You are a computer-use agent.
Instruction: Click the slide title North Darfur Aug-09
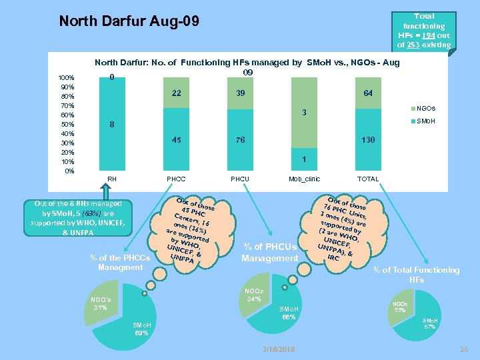(129, 21)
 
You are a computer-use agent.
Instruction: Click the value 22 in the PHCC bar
(176, 93)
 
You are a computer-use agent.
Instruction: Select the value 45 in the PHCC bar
(176, 140)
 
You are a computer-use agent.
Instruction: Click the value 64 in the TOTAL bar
(367, 93)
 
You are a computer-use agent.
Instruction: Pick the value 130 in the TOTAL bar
(367, 140)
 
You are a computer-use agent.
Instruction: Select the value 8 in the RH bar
(112, 125)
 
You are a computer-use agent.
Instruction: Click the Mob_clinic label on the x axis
(304, 179)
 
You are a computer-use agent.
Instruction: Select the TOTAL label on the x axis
(367, 179)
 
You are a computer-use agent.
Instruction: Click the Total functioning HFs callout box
(424, 31)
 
